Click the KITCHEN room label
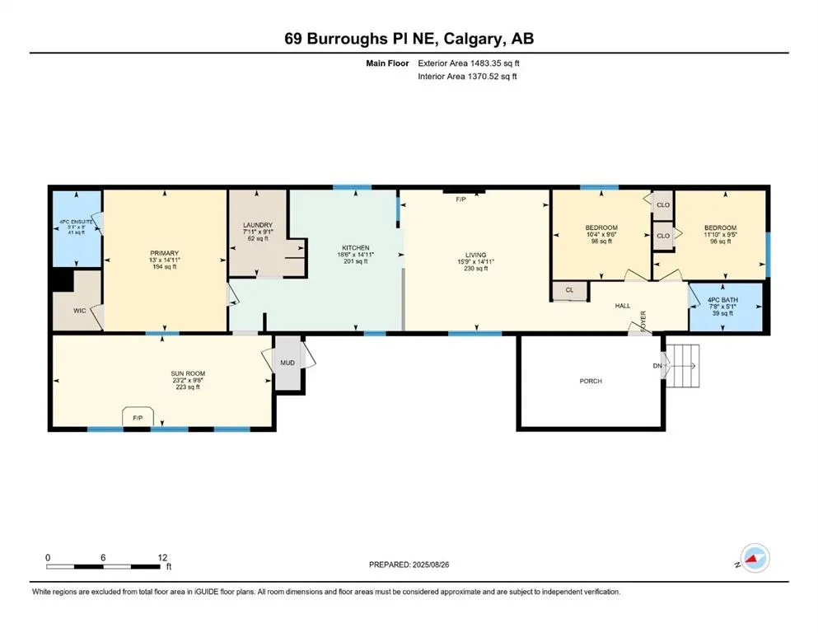tap(355, 248)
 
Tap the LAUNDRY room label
tap(258, 226)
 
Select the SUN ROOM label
tap(188, 373)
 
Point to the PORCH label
tap(591, 381)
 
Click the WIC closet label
tap(79, 311)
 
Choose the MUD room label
tap(287, 363)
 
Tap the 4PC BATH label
tap(722, 300)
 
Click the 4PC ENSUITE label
tap(76, 222)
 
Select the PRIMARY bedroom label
tap(164, 253)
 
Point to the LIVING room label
tap(476, 256)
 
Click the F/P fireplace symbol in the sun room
tap(138, 416)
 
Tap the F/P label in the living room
tap(460, 199)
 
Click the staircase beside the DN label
tap(682, 365)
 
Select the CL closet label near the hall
tap(569, 290)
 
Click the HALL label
tap(623, 306)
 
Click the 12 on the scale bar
tap(162, 557)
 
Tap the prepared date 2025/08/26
tap(431, 565)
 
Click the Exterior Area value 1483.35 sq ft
tap(494, 63)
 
